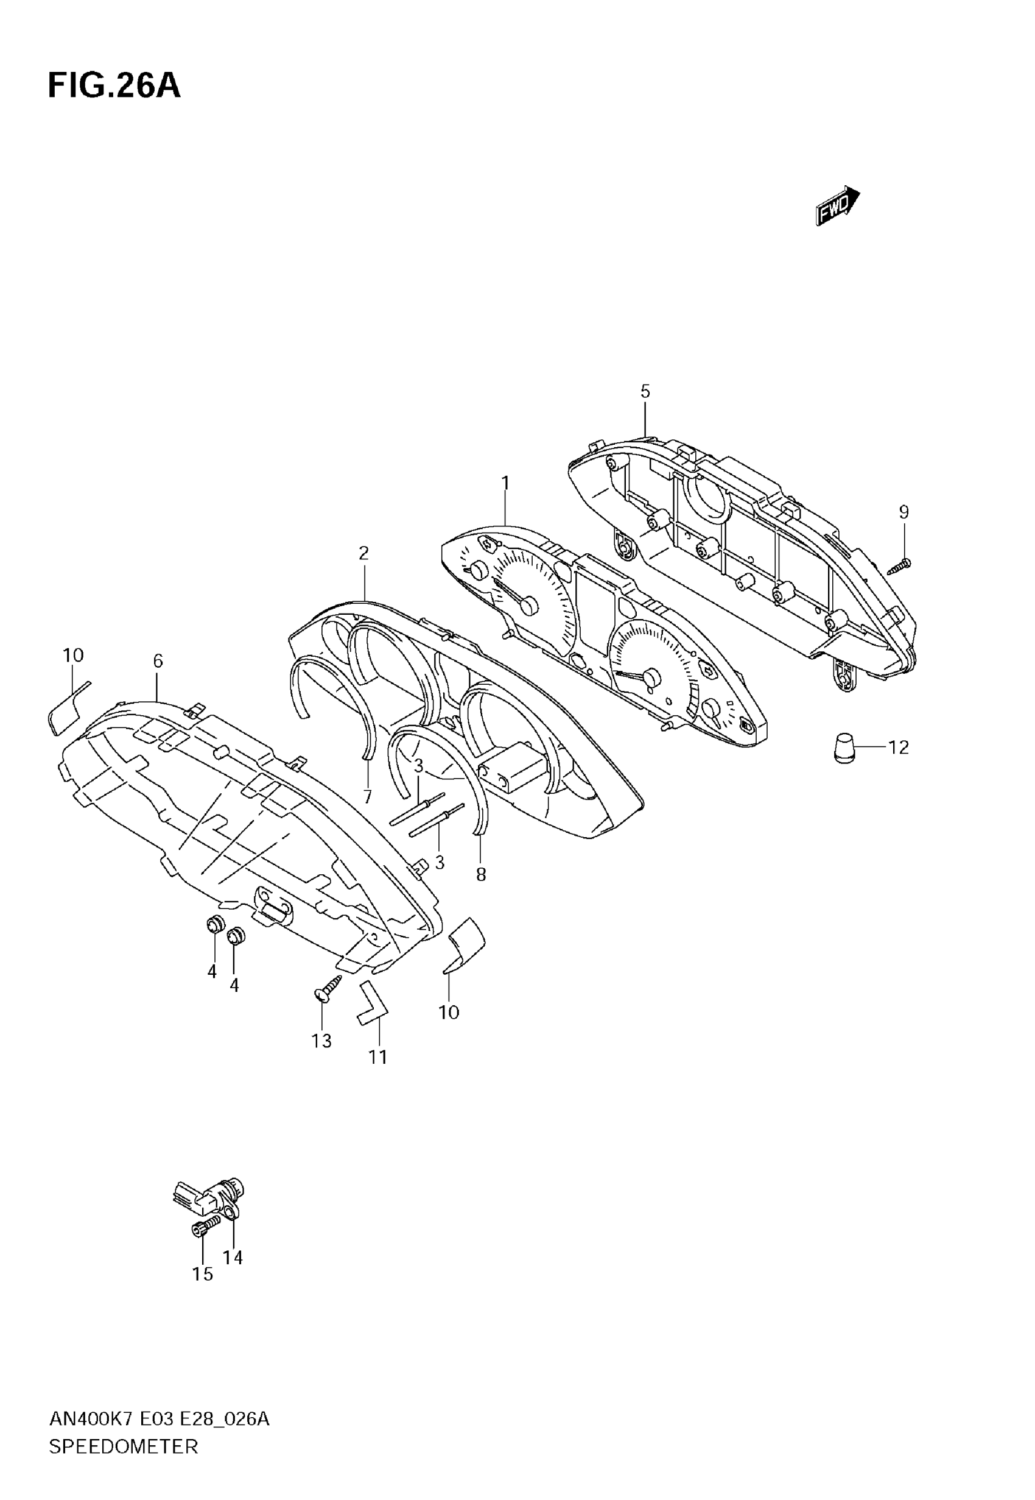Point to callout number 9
pyautogui.click(x=903, y=512)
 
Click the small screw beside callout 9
pyautogui.click(x=899, y=566)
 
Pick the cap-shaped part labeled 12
pyautogui.click(x=844, y=748)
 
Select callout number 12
pyautogui.click(x=898, y=748)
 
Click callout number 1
pyautogui.click(x=505, y=483)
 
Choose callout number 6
pyautogui.click(x=158, y=660)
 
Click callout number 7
pyautogui.click(x=368, y=796)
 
